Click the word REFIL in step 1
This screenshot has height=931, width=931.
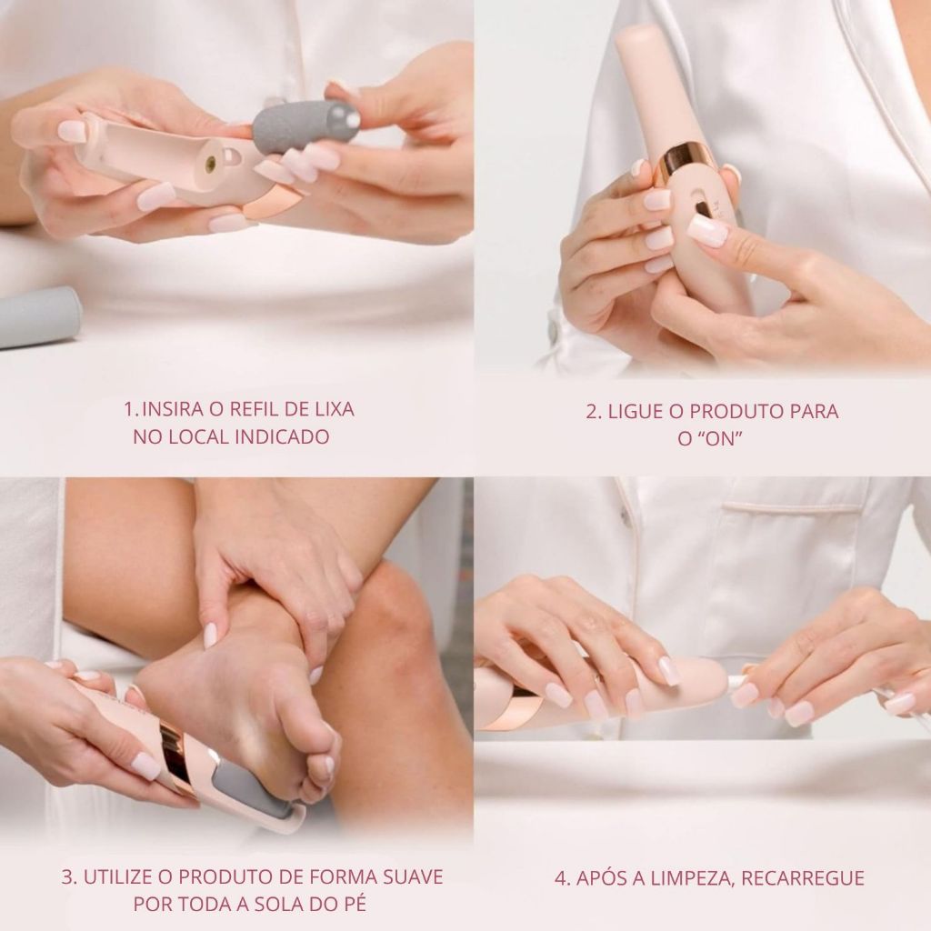coord(256,409)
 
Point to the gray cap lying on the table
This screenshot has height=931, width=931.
coord(39,316)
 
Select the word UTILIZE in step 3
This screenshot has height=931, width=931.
coord(118,876)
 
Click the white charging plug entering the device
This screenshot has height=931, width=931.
coord(736,682)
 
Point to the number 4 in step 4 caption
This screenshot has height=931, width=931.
coord(560,877)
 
